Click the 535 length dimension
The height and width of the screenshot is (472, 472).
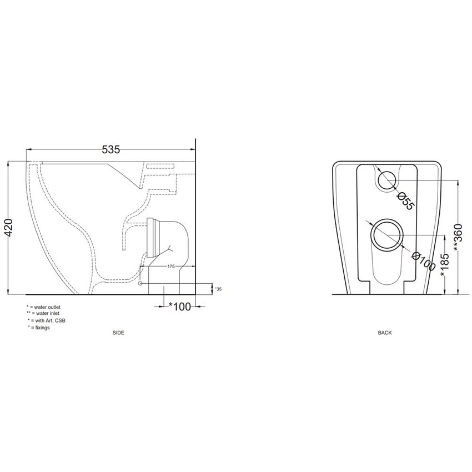coord(111,149)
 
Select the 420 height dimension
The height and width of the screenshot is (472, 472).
coord(9,227)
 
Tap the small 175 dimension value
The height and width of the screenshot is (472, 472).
coord(171,266)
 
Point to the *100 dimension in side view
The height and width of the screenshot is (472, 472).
coord(180,307)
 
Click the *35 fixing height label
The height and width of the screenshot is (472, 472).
coord(218,289)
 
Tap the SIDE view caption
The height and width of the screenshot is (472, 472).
coord(118,333)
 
